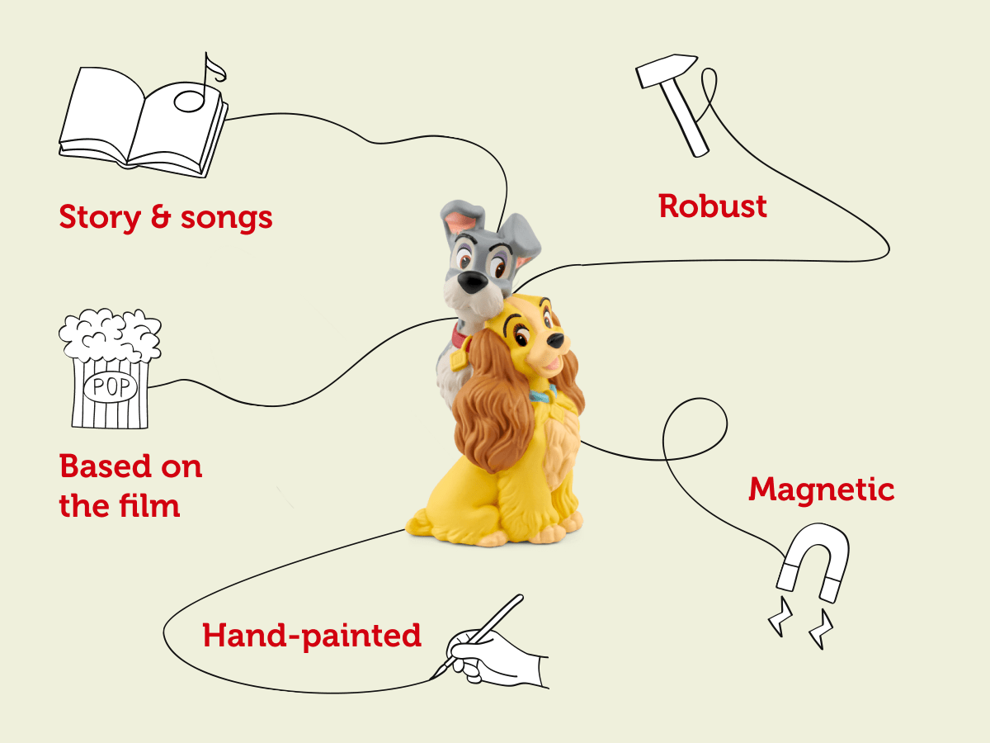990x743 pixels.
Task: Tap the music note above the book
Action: (198, 87)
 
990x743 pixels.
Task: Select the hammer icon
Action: (672, 99)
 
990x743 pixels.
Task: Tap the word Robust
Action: (713, 206)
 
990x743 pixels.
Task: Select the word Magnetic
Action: (821, 490)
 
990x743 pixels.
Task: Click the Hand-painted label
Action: (312, 636)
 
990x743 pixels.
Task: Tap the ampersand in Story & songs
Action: (158, 218)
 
